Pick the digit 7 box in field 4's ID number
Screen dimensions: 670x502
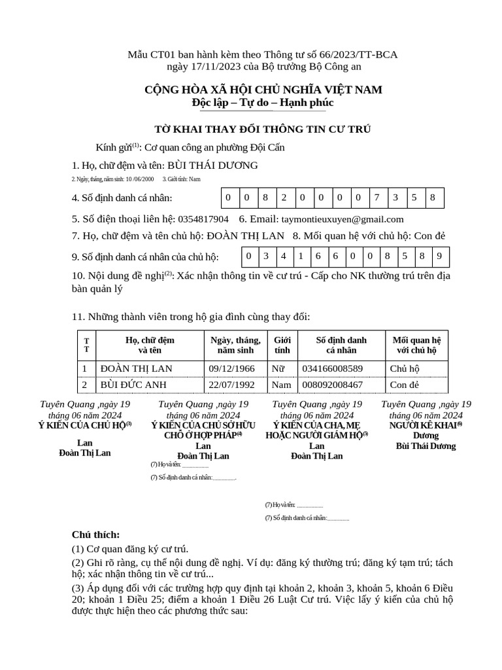376,198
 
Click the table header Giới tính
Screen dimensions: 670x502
282,345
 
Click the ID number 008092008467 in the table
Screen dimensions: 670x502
332,385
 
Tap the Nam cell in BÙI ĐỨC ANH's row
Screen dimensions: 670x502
282,385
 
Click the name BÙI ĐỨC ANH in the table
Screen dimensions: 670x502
133,385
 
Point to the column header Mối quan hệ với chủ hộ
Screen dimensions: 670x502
417,345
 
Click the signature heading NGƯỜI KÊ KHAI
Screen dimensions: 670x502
425,425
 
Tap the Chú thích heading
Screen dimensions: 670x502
95,535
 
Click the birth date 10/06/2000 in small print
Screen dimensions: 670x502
139,179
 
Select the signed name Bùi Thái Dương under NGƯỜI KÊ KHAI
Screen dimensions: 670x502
426,446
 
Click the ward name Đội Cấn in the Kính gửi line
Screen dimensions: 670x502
267,147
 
